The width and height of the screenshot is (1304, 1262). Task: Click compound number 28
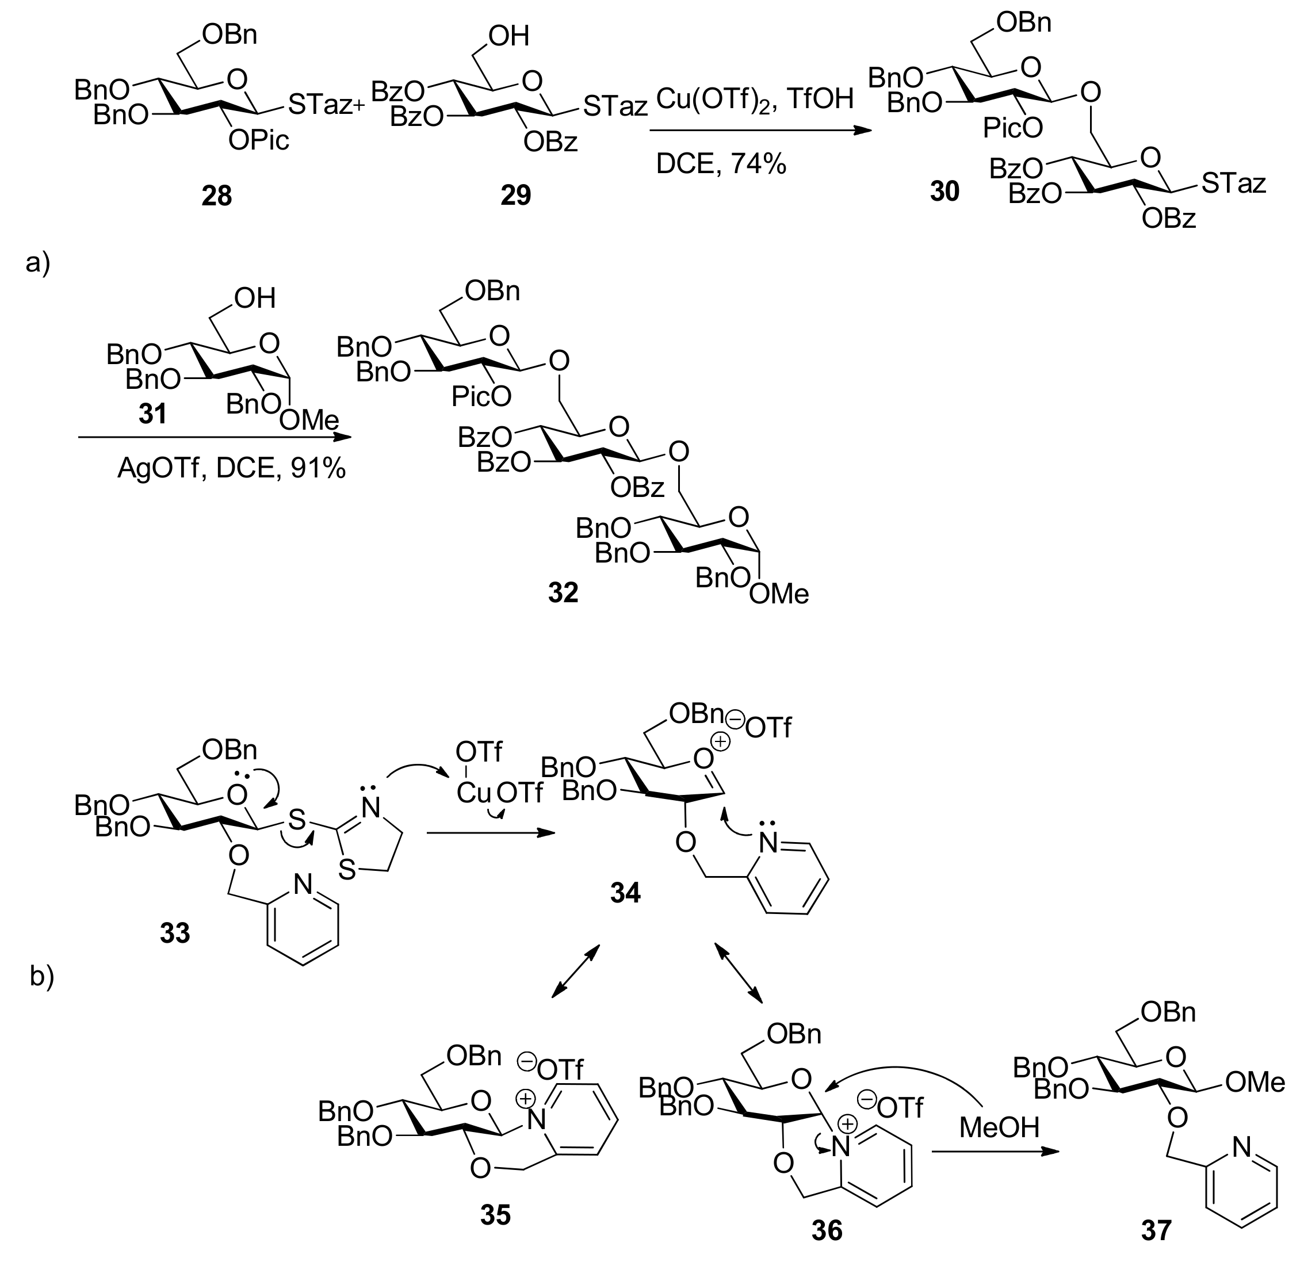click(217, 196)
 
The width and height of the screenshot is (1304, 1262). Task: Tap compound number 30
click(944, 192)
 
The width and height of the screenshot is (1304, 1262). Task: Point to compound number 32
click(563, 592)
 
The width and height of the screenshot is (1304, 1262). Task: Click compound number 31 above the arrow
click(152, 414)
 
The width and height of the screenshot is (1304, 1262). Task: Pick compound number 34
click(625, 893)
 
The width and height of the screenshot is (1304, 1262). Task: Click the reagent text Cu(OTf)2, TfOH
click(755, 99)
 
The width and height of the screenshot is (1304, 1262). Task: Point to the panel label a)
click(38, 263)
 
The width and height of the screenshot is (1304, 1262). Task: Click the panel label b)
click(42, 976)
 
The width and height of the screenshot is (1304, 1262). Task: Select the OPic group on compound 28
click(259, 140)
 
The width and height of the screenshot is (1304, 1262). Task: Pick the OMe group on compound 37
click(1255, 1083)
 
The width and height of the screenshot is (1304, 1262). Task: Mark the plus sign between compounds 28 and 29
click(360, 106)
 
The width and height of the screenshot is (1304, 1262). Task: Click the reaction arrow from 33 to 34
click(490, 833)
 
